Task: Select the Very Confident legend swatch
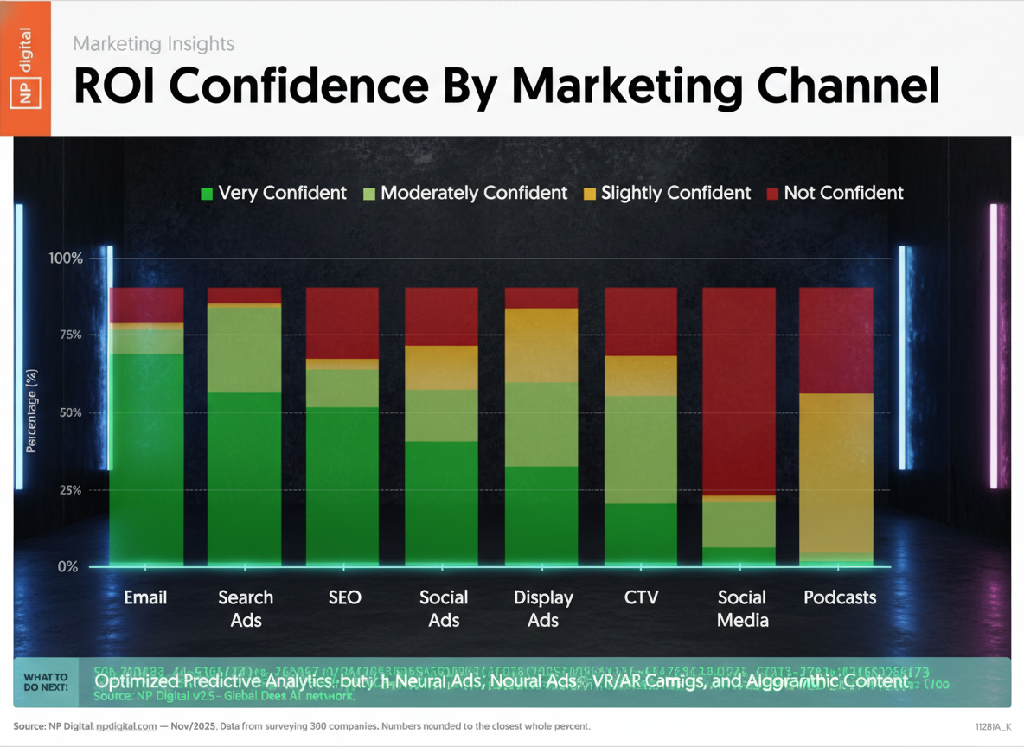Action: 206,194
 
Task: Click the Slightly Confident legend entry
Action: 667,193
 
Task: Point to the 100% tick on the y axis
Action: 66,259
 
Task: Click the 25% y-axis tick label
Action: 66,490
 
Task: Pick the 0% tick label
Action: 69,567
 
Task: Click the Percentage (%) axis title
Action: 32,412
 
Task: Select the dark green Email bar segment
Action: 146,458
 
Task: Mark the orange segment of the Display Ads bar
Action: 541,345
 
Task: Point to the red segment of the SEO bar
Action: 342,322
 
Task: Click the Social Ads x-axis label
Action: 443,609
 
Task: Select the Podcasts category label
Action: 840,597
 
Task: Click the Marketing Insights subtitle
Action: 153,43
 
